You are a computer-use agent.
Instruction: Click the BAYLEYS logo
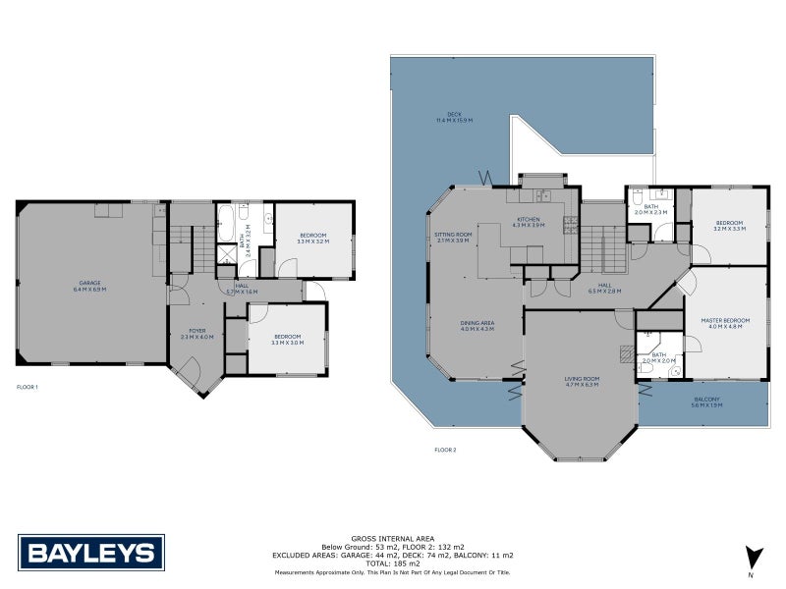point(91,552)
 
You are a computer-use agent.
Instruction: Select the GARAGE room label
point(90,286)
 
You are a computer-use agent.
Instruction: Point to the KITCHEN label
point(529,222)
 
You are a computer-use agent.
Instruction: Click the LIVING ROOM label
point(583,381)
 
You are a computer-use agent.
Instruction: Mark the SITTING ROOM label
point(453,237)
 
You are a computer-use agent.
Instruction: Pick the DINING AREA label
point(477,325)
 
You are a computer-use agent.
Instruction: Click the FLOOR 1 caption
point(28,388)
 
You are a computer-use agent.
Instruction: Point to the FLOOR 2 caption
point(445,450)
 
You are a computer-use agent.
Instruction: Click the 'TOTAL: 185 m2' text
point(392,563)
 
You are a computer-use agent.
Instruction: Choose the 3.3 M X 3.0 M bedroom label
point(288,339)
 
